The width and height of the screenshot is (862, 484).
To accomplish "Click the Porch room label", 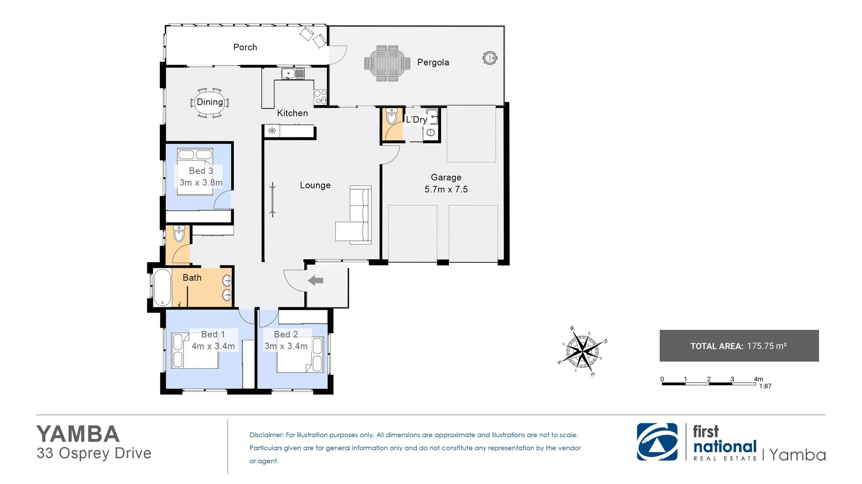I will click(x=245, y=47).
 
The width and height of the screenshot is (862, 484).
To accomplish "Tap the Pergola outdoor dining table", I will click(x=387, y=63).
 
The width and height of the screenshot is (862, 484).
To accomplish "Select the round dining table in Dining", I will click(x=209, y=103).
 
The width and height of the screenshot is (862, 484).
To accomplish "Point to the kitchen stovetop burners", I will click(x=320, y=97).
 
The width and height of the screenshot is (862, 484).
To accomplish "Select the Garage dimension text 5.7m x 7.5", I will click(x=446, y=189).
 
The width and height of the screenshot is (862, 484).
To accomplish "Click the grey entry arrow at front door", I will click(x=316, y=281).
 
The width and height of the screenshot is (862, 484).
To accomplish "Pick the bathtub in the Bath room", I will click(x=162, y=287).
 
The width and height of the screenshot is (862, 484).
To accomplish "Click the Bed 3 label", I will click(x=201, y=171).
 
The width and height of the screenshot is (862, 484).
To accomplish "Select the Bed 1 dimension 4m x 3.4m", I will click(x=213, y=346).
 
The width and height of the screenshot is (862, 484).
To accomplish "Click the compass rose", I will click(x=582, y=351).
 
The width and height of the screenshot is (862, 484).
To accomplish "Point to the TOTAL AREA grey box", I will click(x=739, y=346).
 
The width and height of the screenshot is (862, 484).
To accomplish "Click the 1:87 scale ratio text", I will click(x=765, y=386).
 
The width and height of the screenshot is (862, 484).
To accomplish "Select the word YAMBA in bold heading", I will click(x=78, y=434).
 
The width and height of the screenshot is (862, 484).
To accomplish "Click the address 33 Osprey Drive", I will click(x=94, y=453).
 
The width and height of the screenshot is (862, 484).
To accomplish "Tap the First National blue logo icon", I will click(x=657, y=442).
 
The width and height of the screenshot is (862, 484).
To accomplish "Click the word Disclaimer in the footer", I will click(x=266, y=435).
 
